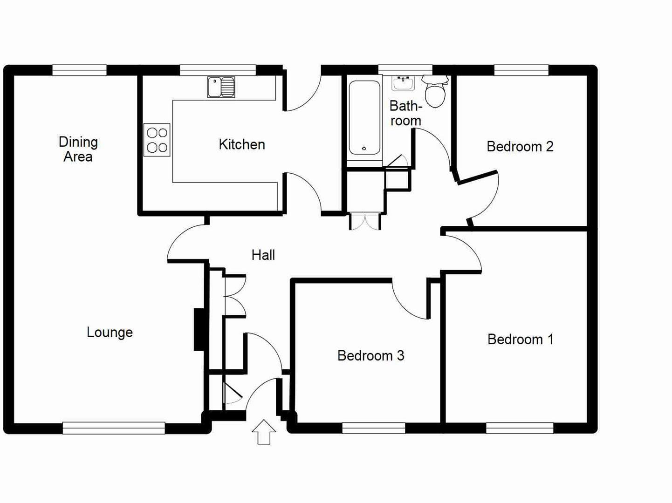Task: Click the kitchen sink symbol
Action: click(x=221, y=87)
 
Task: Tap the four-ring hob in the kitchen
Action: click(x=157, y=140)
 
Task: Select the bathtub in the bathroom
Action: click(x=364, y=117)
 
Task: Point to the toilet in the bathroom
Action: click(x=435, y=92)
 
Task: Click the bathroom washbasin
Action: click(x=403, y=83)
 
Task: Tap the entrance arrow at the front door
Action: click(x=264, y=432)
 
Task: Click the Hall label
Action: click(x=263, y=255)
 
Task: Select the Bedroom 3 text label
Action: click(x=370, y=356)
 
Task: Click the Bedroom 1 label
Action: click(x=520, y=339)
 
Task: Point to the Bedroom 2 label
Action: click(x=520, y=147)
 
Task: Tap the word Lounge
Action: click(x=110, y=332)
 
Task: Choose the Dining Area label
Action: click(x=78, y=149)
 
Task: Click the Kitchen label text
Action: click(x=241, y=144)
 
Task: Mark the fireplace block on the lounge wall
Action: click(x=199, y=329)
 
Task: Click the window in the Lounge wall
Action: click(x=114, y=428)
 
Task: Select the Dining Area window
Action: click(x=79, y=70)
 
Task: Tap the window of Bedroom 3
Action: click(x=373, y=428)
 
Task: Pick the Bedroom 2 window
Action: click(x=521, y=70)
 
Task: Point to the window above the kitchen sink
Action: click(x=218, y=70)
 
